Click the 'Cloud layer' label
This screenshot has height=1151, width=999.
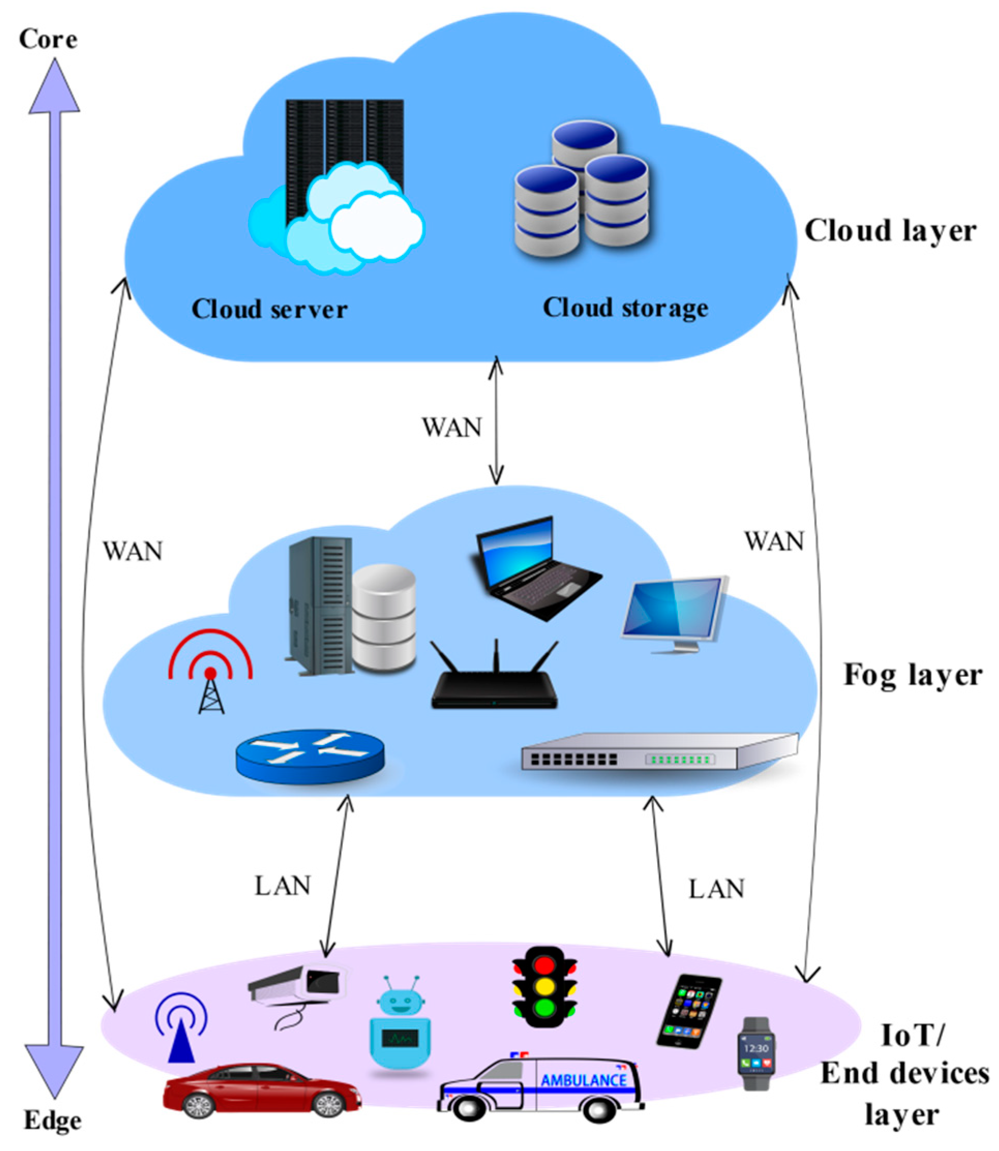pos(890,231)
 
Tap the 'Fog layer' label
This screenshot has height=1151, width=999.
pos(912,675)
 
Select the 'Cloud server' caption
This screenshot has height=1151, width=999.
pos(269,309)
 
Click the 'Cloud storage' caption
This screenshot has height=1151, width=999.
pos(626,308)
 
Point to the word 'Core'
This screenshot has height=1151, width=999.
pos(48,39)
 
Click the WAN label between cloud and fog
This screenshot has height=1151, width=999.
pos(451,428)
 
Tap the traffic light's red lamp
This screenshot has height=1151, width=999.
pos(544,965)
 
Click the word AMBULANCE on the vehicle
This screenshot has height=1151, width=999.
pos(583,1080)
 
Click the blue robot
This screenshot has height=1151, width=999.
pos(400,1023)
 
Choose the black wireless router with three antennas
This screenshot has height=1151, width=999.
pos(494,683)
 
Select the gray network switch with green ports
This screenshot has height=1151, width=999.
pos(658,752)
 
